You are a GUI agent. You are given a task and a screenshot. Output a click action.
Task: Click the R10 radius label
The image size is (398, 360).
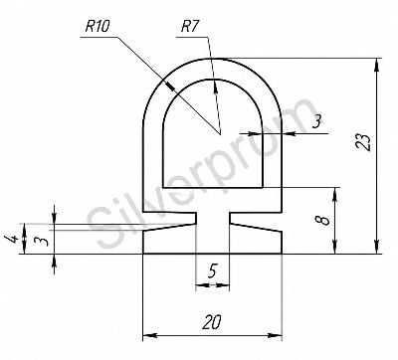click(97, 27)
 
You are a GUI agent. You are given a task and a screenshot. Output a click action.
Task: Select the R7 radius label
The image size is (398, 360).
click(190, 27)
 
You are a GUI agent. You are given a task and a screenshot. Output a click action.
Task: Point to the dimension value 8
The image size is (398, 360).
click(325, 220)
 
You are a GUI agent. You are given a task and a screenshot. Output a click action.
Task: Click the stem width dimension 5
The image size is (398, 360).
click(212, 271)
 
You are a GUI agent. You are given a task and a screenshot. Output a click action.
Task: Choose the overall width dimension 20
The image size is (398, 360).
click(212, 321)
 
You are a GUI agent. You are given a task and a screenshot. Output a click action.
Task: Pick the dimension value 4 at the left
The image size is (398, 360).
click(10, 239)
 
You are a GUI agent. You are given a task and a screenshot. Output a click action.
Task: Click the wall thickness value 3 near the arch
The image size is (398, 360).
click(317, 122)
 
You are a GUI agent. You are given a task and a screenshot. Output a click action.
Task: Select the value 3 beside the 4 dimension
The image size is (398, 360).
click(42, 240)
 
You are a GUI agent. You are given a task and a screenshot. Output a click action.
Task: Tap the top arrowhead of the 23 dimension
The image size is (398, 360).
click(376, 65)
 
